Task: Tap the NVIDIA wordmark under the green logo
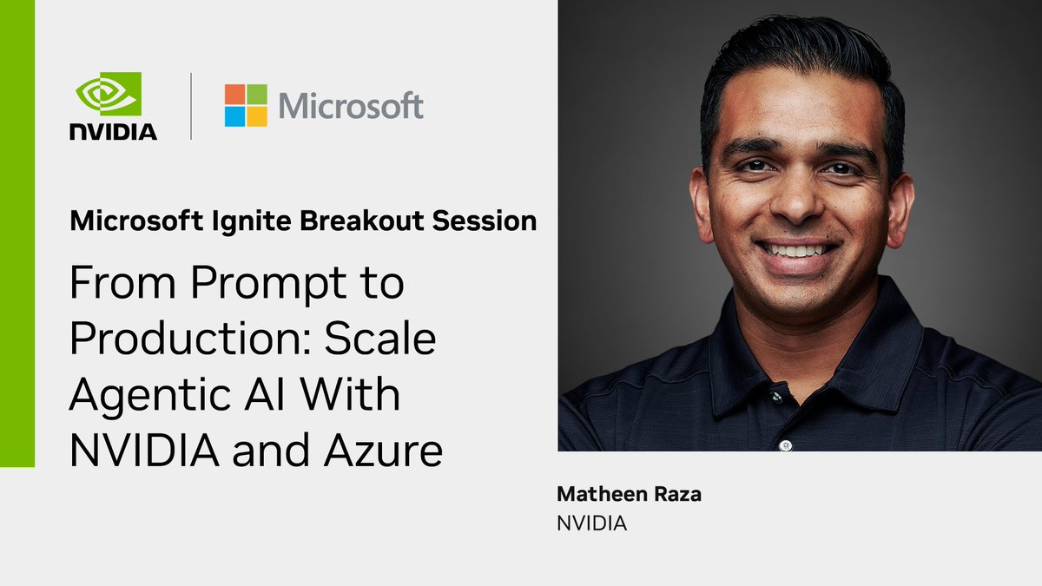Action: pyautogui.click(x=114, y=132)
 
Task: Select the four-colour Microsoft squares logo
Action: pyautogui.click(x=246, y=105)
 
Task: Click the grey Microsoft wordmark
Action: pyautogui.click(x=351, y=106)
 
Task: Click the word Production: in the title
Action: pyautogui.click(x=190, y=340)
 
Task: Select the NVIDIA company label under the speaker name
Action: pyautogui.click(x=591, y=523)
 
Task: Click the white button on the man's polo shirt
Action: pyautogui.click(x=786, y=445)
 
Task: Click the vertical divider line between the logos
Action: pyautogui.click(x=191, y=106)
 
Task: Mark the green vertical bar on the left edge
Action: pyautogui.click(x=17, y=234)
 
